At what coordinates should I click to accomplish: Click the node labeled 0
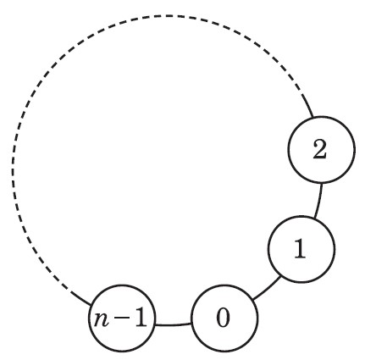[x=224, y=318]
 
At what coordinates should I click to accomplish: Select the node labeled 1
[x=301, y=249]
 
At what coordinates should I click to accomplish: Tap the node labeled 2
[x=322, y=149]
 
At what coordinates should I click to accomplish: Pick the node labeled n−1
[x=122, y=318]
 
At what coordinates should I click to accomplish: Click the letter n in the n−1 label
[x=102, y=320]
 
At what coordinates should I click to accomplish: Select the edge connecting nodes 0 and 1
[x=268, y=289]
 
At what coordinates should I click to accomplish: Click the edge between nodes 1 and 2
[x=318, y=201]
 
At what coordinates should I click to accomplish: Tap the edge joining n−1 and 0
[x=174, y=325]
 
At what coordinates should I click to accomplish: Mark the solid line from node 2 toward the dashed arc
[x=307, y=106]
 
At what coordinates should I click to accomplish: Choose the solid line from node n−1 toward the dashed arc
[x=80, y=298]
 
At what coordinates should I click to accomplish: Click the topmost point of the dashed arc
[x=169, y=16]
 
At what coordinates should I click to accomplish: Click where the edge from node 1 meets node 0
[x=253, y=300]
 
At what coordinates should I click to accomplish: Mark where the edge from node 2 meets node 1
[x=314, y=218]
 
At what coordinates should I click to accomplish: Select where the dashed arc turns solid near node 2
[x=301, y=95]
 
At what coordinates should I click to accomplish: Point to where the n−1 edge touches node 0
[x=191, y=324]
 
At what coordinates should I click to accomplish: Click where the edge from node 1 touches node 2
[x=322, y=183]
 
